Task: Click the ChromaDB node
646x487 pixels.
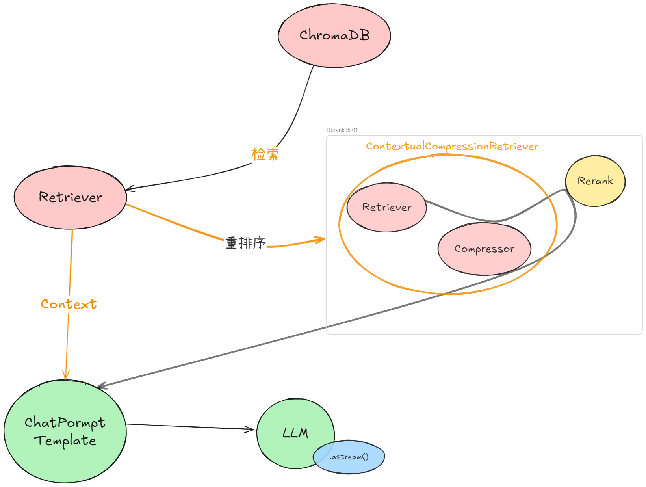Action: (334, 36)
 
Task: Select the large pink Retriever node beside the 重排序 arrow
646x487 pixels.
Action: (70, 197)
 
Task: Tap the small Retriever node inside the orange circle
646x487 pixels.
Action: (386, 208)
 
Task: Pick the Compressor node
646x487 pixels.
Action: (484, 249)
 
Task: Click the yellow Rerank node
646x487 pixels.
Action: (595, 181)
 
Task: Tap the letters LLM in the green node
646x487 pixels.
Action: (295, 433)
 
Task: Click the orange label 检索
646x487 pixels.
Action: (265, 154)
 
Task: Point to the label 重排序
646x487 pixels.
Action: (245, 243)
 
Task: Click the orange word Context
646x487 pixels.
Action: (69, 304)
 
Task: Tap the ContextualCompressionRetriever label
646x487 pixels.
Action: (452, 147)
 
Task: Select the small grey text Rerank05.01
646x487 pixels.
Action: (342, 130)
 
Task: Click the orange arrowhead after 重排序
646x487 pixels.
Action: (320, 239)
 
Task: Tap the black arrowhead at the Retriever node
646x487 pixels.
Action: (130, 189)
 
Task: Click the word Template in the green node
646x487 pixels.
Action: (65, 441)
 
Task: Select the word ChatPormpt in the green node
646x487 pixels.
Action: (65, 423)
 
